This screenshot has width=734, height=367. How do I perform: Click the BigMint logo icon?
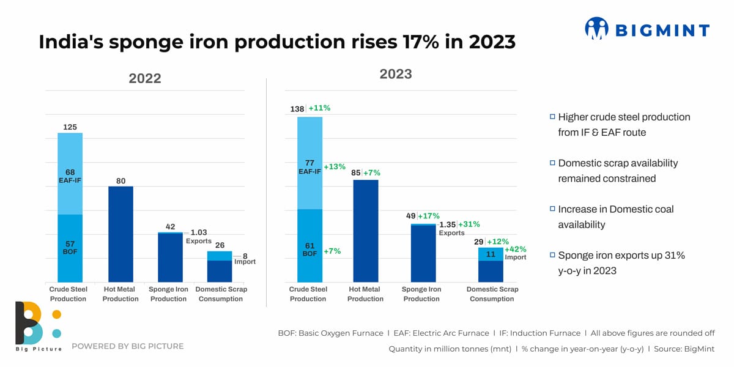596,29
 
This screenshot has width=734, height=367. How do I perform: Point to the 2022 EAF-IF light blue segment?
70,174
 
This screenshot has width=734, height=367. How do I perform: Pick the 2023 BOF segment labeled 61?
310,245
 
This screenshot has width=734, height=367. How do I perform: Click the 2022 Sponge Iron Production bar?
170,258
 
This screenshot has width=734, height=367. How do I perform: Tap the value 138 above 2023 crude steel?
297,109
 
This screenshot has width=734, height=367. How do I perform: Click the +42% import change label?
515,250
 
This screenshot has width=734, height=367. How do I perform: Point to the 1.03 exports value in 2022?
199,232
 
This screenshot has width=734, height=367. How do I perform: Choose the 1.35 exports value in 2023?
447,224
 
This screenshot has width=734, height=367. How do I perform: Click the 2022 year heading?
145,78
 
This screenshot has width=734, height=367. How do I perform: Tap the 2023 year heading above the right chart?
396,74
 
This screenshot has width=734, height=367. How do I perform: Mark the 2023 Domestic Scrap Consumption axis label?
492,294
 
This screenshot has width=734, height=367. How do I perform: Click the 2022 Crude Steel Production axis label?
68,294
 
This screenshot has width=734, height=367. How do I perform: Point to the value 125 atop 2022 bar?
70,127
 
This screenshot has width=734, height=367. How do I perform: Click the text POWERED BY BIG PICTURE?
127,346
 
